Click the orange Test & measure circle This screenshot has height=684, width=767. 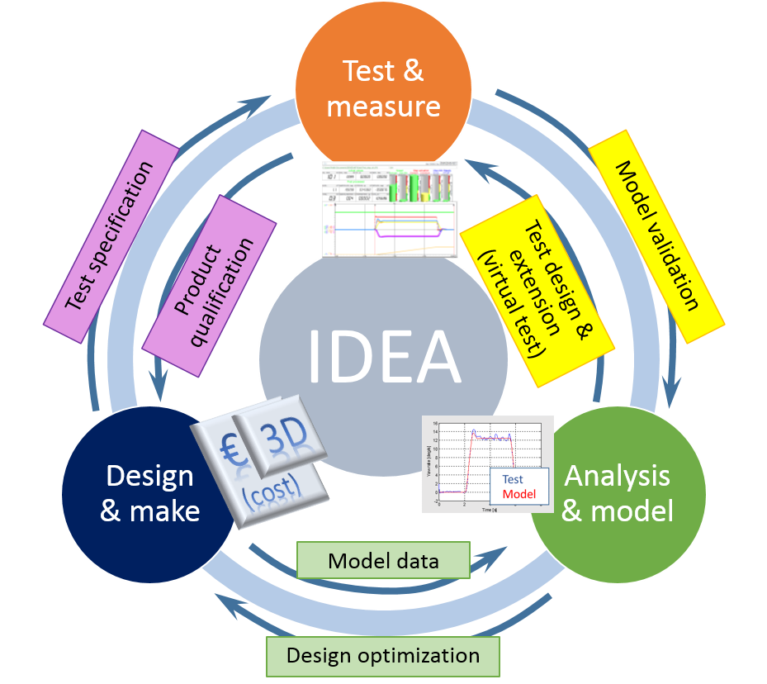(383, 83)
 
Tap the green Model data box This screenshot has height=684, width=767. (383, 561)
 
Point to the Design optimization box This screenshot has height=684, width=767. (382, 656)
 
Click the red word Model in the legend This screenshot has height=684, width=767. (519, 494)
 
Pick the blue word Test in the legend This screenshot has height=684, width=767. (513, 479)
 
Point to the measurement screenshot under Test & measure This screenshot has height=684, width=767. (389, 208)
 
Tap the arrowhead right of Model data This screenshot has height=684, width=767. (495, 553)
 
